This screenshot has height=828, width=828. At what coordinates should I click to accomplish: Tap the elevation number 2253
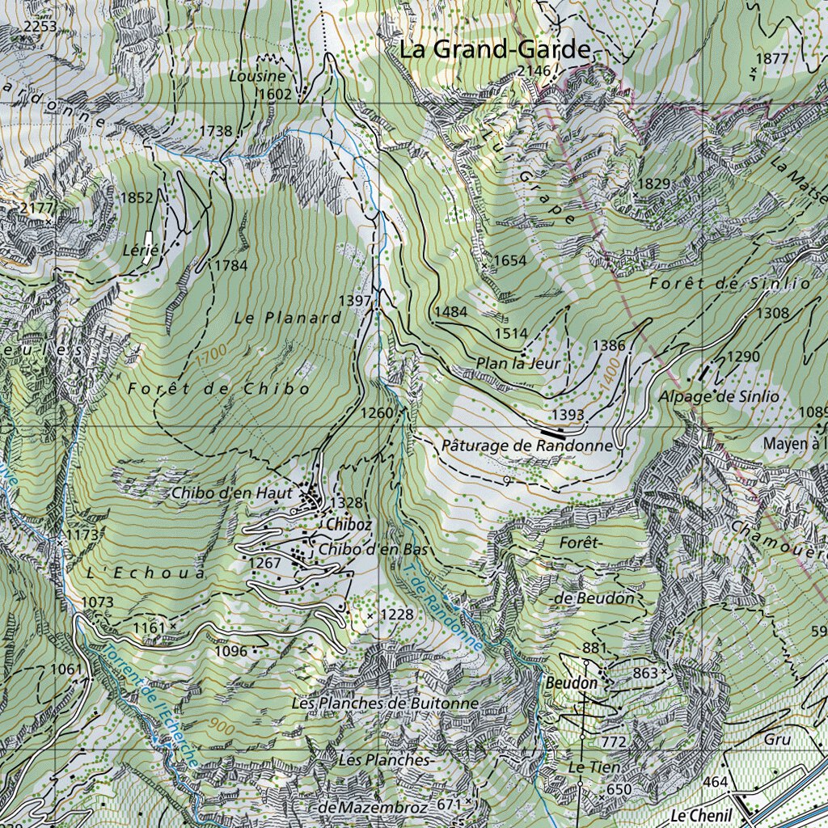click(40, 27)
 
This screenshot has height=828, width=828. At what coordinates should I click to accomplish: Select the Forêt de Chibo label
click(218, 389)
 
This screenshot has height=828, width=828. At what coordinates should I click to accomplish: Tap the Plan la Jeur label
click(518, 364)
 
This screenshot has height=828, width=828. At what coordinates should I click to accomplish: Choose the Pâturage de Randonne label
click(527, 446)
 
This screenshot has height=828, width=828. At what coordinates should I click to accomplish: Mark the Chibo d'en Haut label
click(232, 492)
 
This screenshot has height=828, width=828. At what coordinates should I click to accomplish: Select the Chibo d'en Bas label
click(372, 550)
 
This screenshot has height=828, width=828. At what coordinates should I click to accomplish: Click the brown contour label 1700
click(210, 354)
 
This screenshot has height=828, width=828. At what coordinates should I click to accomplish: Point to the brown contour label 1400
click(607, 374)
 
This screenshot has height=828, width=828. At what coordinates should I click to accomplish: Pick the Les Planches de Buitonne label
click(385, 703)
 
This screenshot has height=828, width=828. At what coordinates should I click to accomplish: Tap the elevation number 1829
click(655, 184)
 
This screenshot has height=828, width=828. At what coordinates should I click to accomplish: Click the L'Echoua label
click(146, 572)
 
